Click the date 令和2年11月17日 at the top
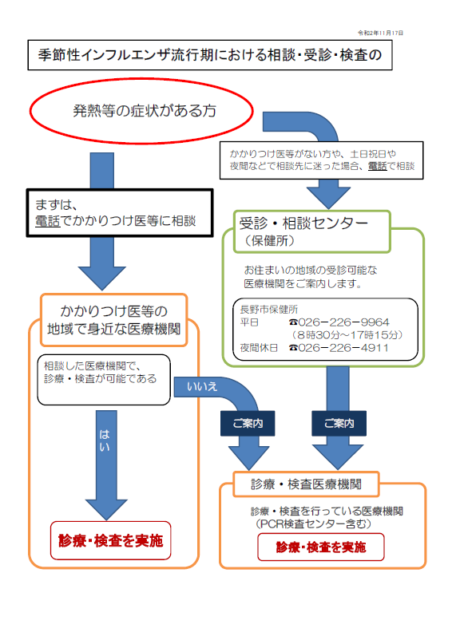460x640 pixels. pos(380,33)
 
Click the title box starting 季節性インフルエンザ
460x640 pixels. pos(210,55)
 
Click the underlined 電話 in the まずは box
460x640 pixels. pos(47,221)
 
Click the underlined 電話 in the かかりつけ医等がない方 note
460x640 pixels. pos(378,166)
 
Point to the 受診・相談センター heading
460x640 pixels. pos(303,223)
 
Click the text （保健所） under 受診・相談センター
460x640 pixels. pos(269,240)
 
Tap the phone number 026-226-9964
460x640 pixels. pos(339,322)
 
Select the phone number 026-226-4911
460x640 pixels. pos(339,348)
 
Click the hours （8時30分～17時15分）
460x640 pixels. pos(347,335)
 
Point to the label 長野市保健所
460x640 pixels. pos(269,310)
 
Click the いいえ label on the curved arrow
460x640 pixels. pos(202,386)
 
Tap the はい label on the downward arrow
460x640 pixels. pos(105,440)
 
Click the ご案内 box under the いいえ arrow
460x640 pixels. pos(248,423)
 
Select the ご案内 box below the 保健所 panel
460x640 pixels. pos(339,423)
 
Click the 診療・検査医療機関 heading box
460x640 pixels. pos(306,484)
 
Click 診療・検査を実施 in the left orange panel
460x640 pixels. pos(111,540)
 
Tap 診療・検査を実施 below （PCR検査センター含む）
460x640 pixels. pos(321,547)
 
